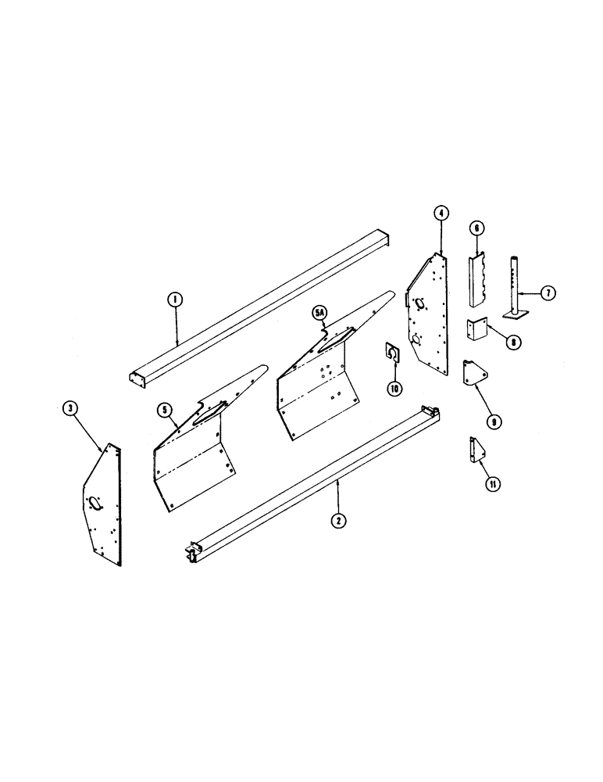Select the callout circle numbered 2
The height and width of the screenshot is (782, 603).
tap(337, 519)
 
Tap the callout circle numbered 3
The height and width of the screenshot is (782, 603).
tap(70, 407)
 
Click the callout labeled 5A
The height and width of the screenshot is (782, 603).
tap(319, 313)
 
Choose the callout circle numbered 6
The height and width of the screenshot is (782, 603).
tap(475, 228)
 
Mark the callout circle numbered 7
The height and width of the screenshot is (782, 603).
tap(548, 292)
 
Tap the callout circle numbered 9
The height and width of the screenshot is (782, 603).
tap(493, 421)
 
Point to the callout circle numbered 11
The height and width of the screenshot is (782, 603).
tap(493, 484)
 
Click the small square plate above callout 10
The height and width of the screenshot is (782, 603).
tap(393, 353)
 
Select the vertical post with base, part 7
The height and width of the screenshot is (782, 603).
tap(515, 285)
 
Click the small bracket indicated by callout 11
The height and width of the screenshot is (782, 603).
tap(475, 452)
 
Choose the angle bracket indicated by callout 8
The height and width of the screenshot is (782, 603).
tap(476, 330)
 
